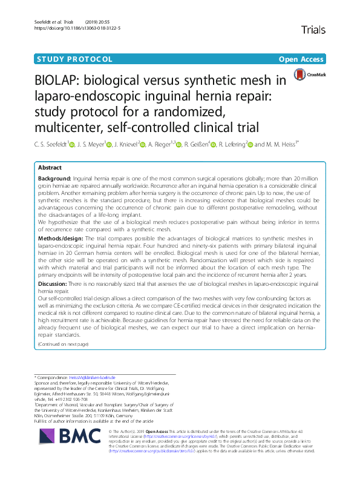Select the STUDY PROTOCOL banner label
[75, 59]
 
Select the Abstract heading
[50, 167]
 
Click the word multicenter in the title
[83, 127]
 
